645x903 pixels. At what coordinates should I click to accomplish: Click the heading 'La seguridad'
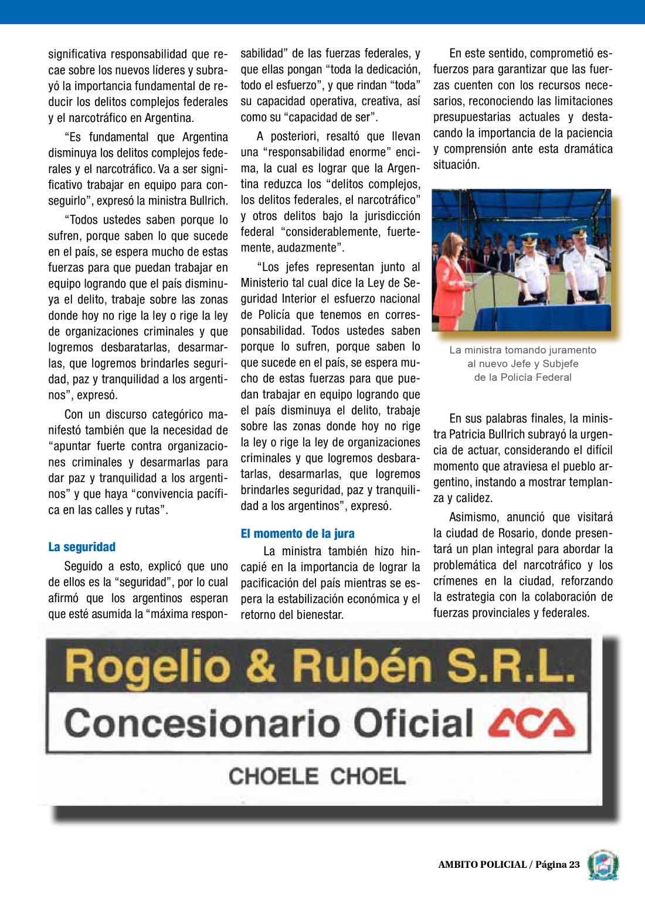pyautogui.click(x=82, y=547)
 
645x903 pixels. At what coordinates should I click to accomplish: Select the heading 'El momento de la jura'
pyautogui.click(x=297, y=534)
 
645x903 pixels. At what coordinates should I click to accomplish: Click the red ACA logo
pyautogui.click(x=531, y=723)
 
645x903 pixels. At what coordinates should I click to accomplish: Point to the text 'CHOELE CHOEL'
pyautogui.click(x=317, y=776)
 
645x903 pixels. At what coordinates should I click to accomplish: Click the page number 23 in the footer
pyautogui.click(x=573, y=864)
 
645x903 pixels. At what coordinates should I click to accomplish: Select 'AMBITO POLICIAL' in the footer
pyautogui.click(x=482, y=864)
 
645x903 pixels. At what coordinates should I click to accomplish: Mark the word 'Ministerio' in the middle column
pyautogui.click(x=267, y=283)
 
